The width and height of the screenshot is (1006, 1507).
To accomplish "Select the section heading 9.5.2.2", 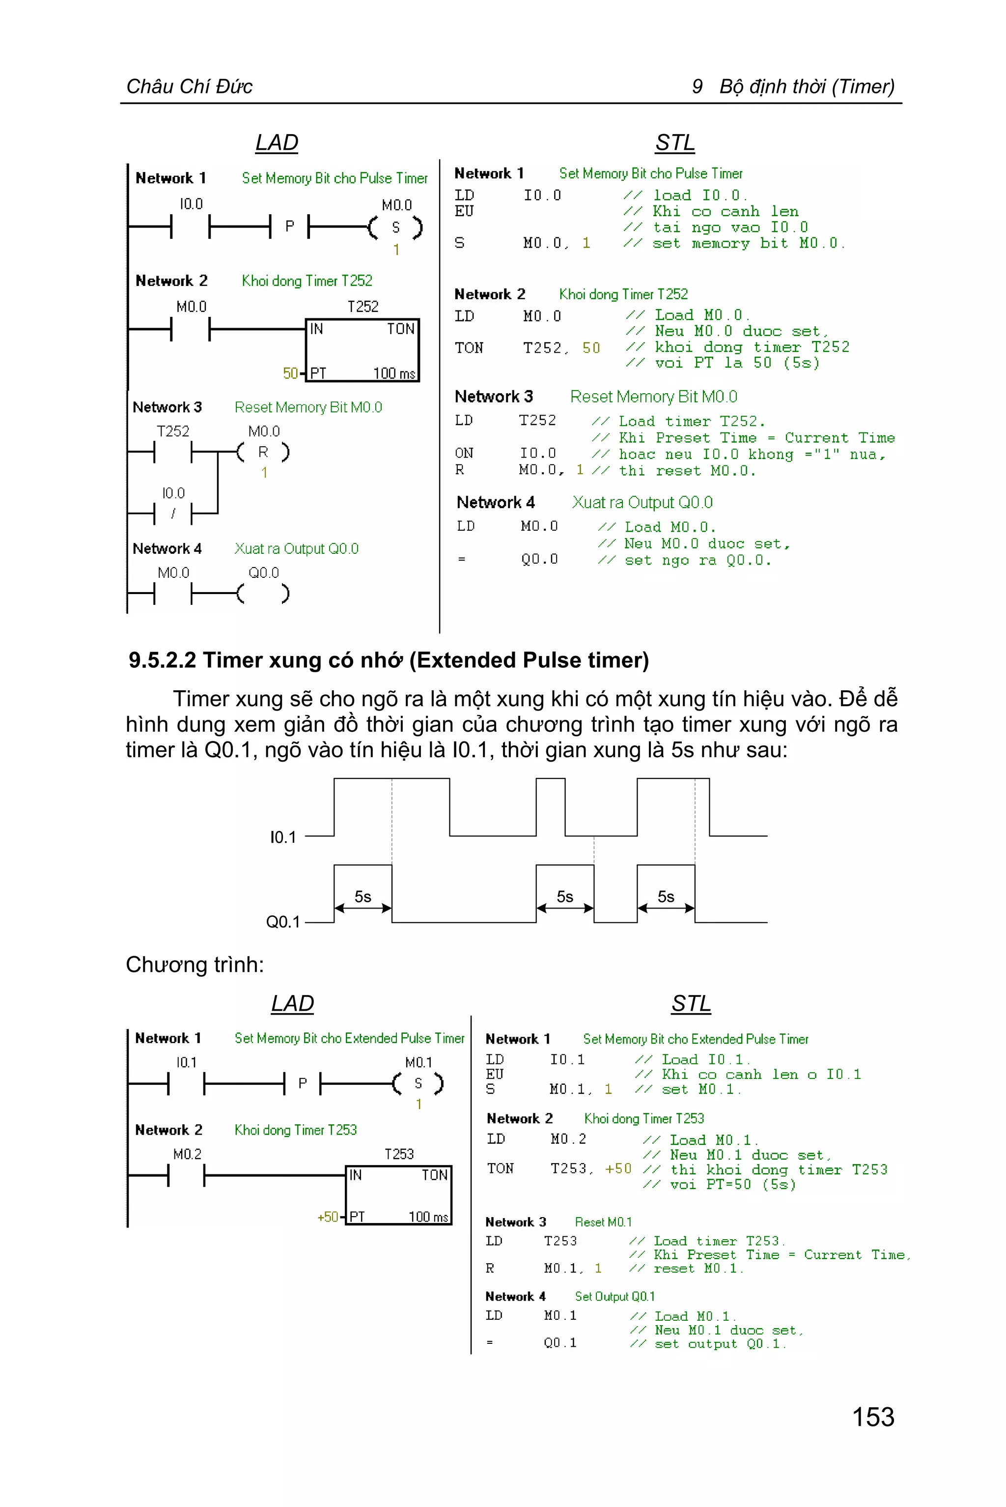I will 163,660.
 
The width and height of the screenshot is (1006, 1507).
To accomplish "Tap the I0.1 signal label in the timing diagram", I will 283,837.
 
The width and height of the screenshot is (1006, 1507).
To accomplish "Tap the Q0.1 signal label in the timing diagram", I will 283,922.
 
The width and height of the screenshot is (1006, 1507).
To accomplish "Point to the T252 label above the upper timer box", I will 363,306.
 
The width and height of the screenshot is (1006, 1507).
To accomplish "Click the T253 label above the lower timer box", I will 399,1154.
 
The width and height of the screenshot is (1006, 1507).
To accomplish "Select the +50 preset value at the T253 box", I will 327,1217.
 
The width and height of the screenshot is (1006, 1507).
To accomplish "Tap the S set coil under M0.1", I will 418,1083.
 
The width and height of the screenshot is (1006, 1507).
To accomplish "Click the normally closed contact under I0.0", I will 173,513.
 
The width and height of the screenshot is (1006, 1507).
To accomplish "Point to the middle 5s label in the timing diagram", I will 564,897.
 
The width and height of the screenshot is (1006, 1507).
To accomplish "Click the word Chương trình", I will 195,965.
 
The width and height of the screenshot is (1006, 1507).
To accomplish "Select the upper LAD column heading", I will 277,142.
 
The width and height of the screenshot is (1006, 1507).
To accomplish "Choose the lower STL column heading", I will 691,1003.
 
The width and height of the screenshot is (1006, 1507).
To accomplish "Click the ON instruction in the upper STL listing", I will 464,453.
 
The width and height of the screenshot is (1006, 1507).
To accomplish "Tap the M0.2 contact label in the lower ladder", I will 187,1154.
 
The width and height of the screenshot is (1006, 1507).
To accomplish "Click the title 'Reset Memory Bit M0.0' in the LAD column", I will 308,407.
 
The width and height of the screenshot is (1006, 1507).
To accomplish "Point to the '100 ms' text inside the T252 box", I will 394,373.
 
